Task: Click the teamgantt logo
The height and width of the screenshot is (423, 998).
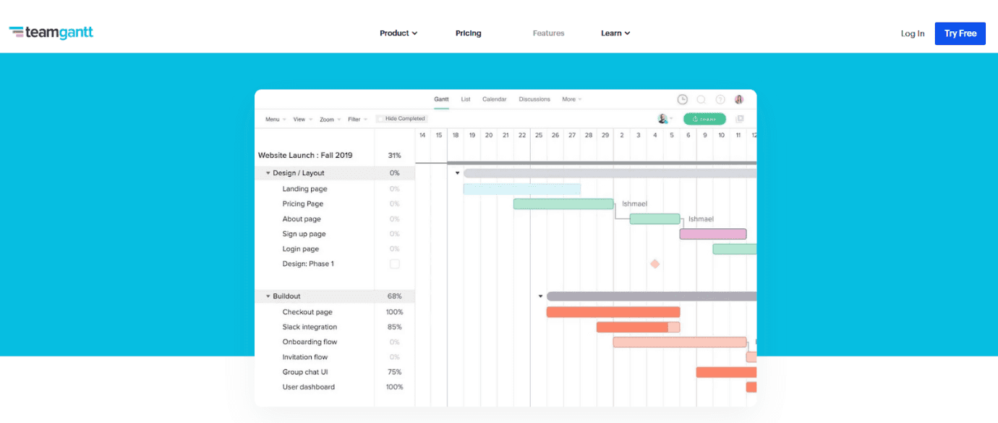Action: [51, 33]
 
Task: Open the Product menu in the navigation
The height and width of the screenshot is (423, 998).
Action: [398, 33]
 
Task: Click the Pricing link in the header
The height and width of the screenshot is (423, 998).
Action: [468, 33]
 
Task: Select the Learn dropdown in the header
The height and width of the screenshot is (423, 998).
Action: [615, 33]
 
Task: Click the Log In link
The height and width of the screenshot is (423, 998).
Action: [912, 33]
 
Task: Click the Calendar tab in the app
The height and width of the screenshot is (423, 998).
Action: [494, 99]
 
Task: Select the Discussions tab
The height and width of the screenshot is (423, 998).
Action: [534, 99]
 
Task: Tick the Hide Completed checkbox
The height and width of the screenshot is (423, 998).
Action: [380, 119]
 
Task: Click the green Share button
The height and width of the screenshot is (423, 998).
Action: [704, 119]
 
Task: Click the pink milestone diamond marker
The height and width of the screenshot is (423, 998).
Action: [654, 264]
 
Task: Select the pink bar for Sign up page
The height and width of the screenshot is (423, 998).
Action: [712, 234]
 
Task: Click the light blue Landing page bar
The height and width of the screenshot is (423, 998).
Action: [521, 189]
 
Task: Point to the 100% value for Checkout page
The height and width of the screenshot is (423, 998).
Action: [394, 312]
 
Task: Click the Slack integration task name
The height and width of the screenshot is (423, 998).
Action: [310, 327]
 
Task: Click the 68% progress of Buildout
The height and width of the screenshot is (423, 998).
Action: [394, 296]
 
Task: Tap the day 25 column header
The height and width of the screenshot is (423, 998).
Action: [538, 135]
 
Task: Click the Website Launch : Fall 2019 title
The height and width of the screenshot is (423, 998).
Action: [305, 156]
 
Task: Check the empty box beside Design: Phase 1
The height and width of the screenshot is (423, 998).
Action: [395, 264]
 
